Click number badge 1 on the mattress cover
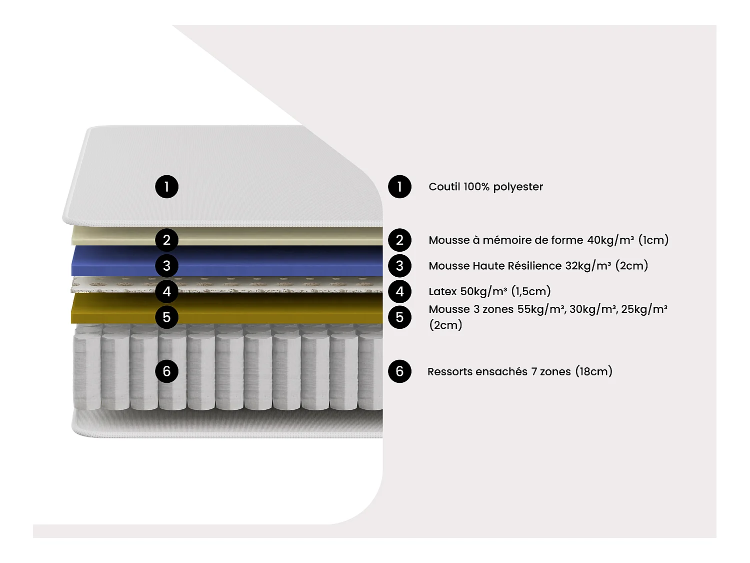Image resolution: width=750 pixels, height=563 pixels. point(166,187)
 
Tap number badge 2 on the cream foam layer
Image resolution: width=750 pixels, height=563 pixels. point(166,240)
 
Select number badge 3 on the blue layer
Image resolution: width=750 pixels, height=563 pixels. point(166,266)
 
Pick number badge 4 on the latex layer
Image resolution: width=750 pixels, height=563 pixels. point(166,291)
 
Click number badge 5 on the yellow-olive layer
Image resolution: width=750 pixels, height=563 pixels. point(166,317)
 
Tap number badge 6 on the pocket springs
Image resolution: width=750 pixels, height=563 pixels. point(166,371)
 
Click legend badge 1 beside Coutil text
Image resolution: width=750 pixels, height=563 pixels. point(399,187)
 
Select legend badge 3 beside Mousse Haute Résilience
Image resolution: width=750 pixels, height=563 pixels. point(399,266)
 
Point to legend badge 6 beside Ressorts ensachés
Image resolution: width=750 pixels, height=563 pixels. point(399,371)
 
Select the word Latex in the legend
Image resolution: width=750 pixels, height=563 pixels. point(442,291)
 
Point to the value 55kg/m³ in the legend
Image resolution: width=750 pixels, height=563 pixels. point(541,309)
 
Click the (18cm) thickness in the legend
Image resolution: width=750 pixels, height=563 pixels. point(593,371)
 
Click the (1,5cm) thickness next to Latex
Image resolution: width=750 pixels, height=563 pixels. point(530,291)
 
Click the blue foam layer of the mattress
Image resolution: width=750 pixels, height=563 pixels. point(275,260)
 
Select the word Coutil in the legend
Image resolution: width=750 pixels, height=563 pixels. point(444,187)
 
